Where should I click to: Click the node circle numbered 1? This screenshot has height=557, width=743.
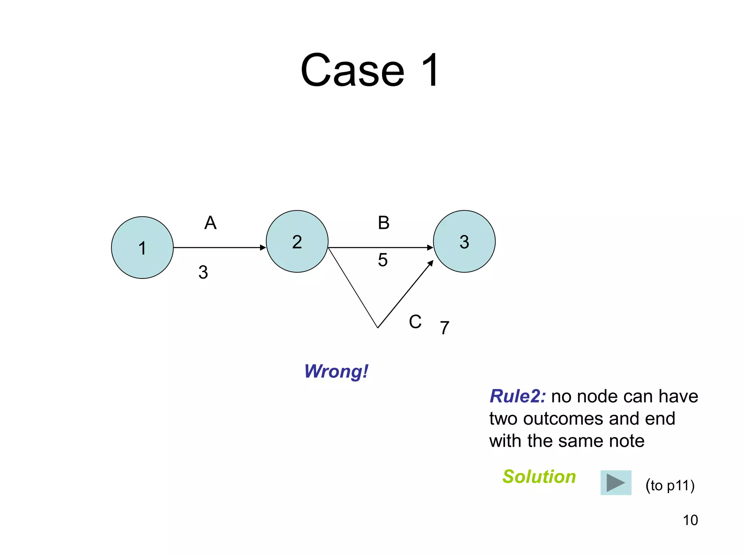pos(142,248)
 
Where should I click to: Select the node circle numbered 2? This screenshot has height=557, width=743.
pos(297,242)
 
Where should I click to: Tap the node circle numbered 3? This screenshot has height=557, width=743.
pos(464,242)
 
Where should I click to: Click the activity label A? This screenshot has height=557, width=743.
pos(210,223)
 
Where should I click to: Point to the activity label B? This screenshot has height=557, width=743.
pos(383,223)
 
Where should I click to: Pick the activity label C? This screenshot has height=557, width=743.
pos(415,322)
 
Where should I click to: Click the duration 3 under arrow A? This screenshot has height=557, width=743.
pos(203,272)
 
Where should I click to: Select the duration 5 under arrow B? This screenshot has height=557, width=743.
pos(383,260)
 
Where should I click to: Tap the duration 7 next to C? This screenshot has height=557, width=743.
pos(445,328)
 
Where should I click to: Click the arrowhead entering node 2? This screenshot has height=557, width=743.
pos(263,248)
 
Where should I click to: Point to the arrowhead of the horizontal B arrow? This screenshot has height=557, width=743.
pos(431,248)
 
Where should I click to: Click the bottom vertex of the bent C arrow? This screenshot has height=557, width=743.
pos(378,327)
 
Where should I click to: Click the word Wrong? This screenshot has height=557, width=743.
pos(336,371)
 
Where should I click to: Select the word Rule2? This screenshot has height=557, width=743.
pos(517,396)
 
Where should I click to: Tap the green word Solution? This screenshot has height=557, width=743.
pos(539,476)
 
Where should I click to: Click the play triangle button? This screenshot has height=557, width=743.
pos(616,483)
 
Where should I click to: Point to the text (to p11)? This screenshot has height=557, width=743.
pos(670,485)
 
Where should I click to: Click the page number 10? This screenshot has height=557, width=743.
pos(690,520)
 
